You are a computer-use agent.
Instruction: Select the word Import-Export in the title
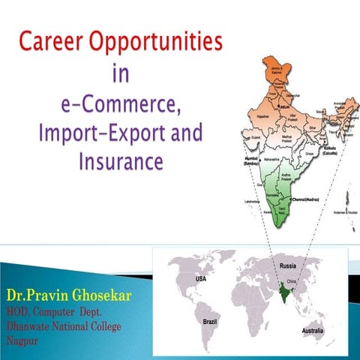tap(87, 133)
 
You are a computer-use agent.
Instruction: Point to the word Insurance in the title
tap(115, 161)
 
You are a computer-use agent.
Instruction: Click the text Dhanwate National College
tap(63, 326)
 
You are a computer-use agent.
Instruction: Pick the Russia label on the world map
tap(289, 265)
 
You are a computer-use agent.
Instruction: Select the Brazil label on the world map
tap(211, 320)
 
